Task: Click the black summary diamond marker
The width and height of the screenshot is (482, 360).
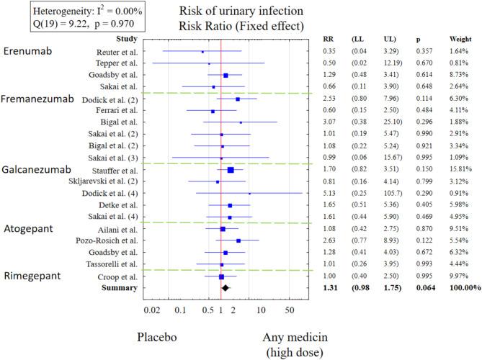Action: [225, 287]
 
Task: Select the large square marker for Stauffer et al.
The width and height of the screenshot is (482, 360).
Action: [231, 170]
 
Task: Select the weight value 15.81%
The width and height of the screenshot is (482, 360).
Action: [450, 170]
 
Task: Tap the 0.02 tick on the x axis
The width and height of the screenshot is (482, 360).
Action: [152, 310]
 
